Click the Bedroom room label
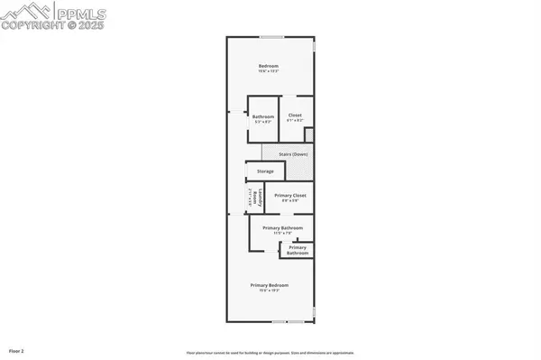click(x=269, y=66)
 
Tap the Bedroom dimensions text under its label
click(x=269, y=71)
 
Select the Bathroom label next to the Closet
click(x=263, y=115)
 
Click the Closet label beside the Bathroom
click(x=295, y=115)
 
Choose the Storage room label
click(x=265, y=171)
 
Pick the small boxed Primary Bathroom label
click(x=298, y=250)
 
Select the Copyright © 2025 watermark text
click(x=54, y=26)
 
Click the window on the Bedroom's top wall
click(x=270, y=37)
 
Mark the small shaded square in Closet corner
click(x=309, y=134)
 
